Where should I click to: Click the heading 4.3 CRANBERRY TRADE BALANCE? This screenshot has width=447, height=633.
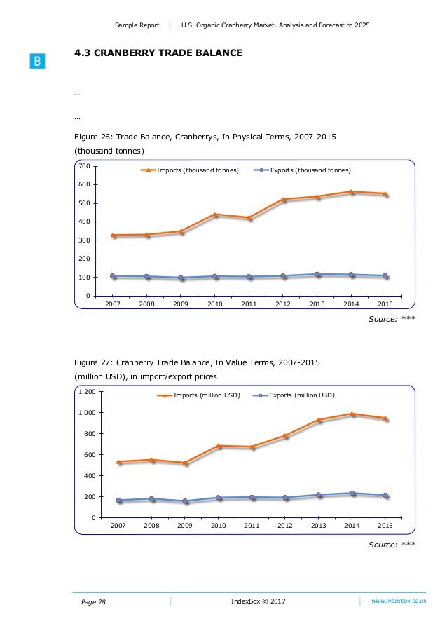click(x=158, y=52)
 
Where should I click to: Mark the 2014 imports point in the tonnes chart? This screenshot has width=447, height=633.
click(x=351, y=191)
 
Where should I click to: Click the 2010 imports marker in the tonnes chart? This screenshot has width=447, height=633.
click(x=215, y=214)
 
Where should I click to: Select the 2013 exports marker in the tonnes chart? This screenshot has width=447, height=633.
click(x=317, y=274)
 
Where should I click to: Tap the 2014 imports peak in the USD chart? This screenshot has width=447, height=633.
click(x=352, y=414)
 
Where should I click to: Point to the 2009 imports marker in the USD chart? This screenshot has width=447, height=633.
click(x=185, y=463)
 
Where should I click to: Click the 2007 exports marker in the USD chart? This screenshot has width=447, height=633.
click(x=118, y=500)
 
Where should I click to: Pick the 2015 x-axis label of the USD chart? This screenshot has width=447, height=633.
click(x=385, y=525)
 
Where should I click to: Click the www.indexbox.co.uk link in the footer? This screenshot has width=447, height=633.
click(x=399, y=601)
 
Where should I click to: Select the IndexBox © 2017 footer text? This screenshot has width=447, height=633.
click(x=259, y=601)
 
